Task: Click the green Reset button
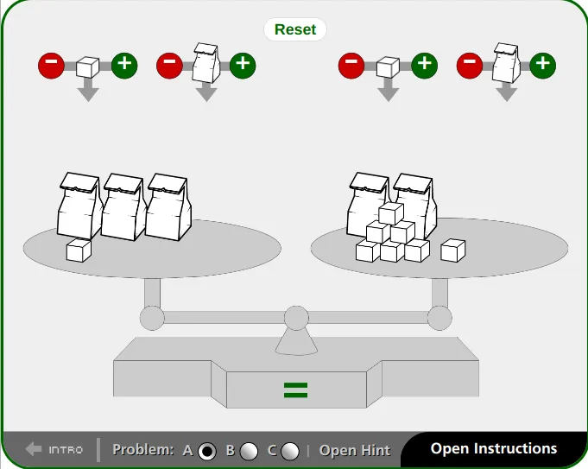pyautogui.click(x=295, y=29)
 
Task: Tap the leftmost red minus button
pyautogui.click(x=52, y=66)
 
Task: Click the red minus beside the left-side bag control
pyautogui.click(x=169, y=66)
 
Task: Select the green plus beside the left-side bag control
pyautogui.click(x=243, y=66)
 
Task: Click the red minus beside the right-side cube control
pyautogui.click(x=351, y=66)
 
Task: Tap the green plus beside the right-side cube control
pyautogui.click(x=425, y=66)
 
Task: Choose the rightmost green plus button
pyautogui.click(x=543, y=66)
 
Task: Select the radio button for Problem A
pyautogui.click(x=207, y=451)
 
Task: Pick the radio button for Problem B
pyautogui.click(x=249, y=451)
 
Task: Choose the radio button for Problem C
pyautogui.click(x=290, y=451)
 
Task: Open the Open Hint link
pyautogui.click(x=354, y=450)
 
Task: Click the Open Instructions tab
pyautogui.click(x=494, y=449)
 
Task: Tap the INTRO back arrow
pyautogui.click(x=34, y=449)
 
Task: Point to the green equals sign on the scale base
pyautogui.click(x=296, y=390)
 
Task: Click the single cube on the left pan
pyautogui.click(x=79, y=250)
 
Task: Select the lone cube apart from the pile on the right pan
pyautogui.click(x=453, y=250)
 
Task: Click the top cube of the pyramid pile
pyautogui.click(x=391, y=213)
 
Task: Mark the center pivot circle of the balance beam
pyautogui.click(x=296, y=318)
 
